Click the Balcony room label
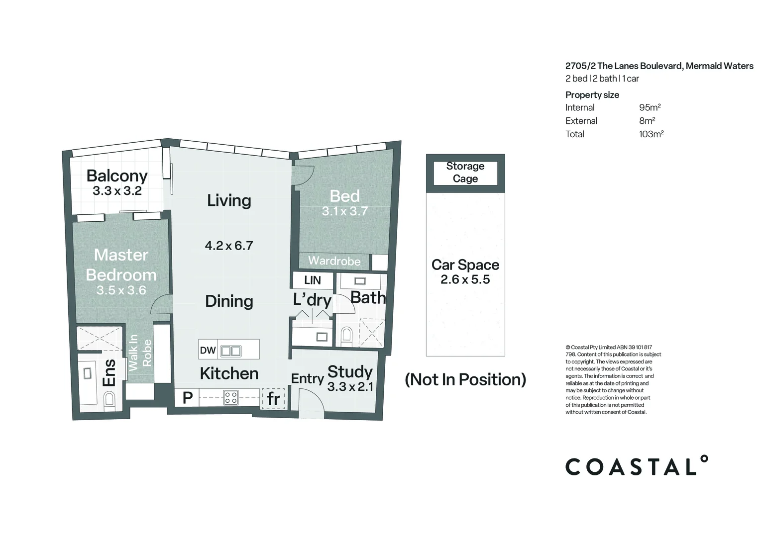(x=117, y=176)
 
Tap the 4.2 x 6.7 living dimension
(x=229, y=245)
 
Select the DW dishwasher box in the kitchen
(x=208, y=351)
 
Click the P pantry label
(x=187, y=398)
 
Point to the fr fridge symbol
(x=273, y=398)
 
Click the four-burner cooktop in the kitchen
(x=231, y=397)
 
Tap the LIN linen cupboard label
(x=313, y=280)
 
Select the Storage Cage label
(x=465, y=173)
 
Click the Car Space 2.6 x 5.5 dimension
(x=465, y=279)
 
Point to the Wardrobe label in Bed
(x=334, y=261)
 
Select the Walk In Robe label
(x=140, y=353)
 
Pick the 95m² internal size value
(x=650, y=107)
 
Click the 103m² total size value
(x=651, y=134)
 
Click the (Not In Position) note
(x=465, y=380)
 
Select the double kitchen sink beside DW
(x=231, y=351)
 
